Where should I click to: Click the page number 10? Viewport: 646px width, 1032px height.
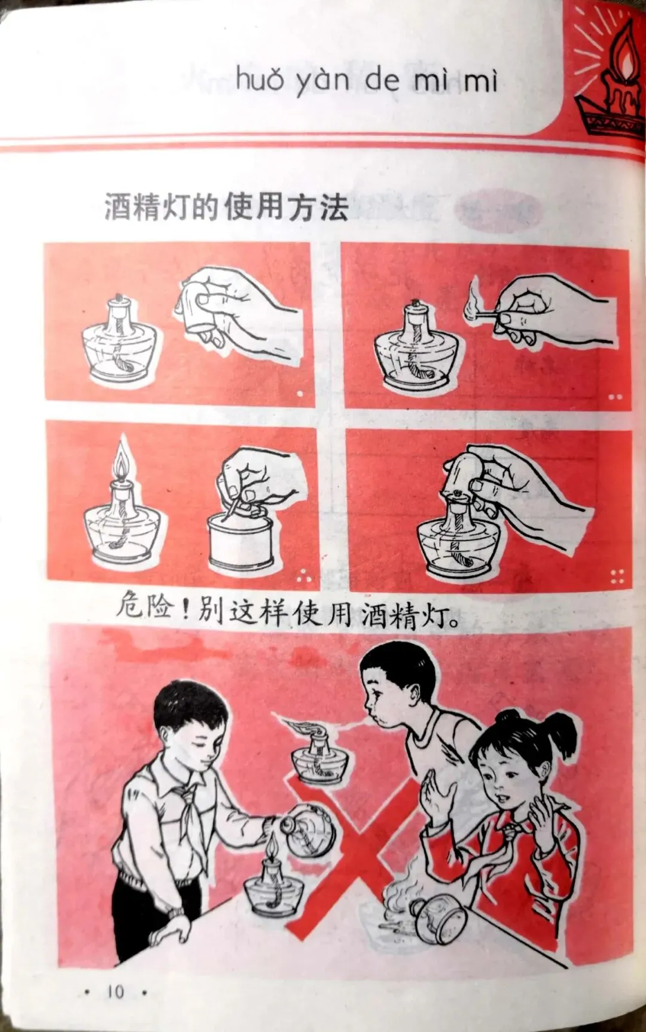115,992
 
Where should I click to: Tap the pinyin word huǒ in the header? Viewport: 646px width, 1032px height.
260,79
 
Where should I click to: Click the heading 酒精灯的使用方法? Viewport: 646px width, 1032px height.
226,207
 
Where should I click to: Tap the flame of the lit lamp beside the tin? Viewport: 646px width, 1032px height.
123,460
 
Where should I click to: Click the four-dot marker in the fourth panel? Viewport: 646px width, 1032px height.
617,577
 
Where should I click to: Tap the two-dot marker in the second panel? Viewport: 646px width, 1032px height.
615,397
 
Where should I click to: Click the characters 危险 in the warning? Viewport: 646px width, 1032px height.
144,606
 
